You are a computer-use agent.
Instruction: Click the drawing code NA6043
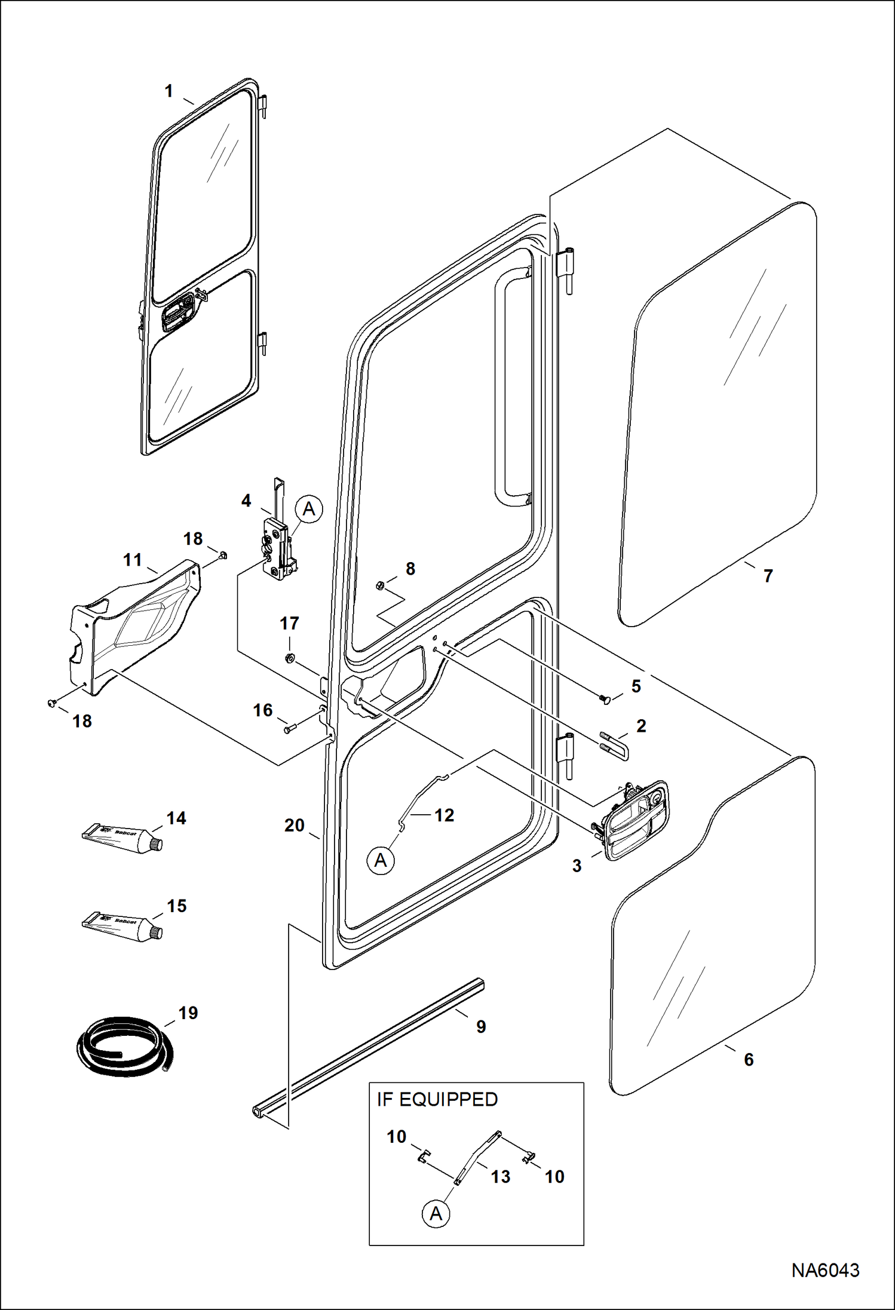(x=825, y=1270)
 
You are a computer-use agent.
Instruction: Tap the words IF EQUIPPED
(x=437, y=1099)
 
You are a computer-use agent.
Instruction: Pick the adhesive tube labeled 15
(x=122, y=926)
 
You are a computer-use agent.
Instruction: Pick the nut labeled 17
(x=288, y=658)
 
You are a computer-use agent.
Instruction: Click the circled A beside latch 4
(x=308, y=509)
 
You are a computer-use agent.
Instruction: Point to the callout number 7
(x=768, y=576)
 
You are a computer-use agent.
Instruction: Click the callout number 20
(x=294, y=826)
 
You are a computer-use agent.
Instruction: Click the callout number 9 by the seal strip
(x=481, y=1026)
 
